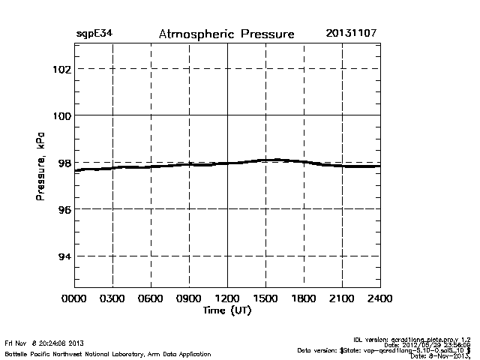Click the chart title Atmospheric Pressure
coord(226,34)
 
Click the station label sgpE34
coord(94,34)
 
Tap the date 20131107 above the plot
coord(352,34)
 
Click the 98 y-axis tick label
coord(63,163)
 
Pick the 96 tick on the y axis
coord(63,209)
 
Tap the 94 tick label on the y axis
coord(63,256)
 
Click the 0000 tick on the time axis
coord(74,298)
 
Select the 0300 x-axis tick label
coord(112,298)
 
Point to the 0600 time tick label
coord(151,298)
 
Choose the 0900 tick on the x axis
coord(189,298)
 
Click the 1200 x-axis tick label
coord(227,298)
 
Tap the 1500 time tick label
coord(265,298)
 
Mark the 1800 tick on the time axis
coord(304,298)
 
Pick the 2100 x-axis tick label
coord(342,298)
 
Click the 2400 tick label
coord(379,298)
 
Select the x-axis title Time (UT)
coord(226,310)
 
